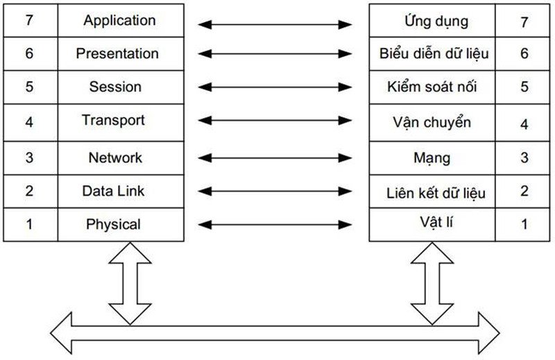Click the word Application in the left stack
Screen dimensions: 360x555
pyautogui.click(x=120, y=21)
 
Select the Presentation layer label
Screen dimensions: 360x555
pyautogui.click(x=117, y=53)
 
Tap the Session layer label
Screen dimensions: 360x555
pyautogui.click(x=115, y=87)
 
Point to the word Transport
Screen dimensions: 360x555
pyautogui.click(x=113, y=120)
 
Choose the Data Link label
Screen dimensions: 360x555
pyautogui.click(x=113, y=191)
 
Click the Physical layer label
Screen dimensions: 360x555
pyautogui.click(x=113, y=224)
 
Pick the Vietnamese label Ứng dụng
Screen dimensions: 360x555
pyautogui.click(x=436, y=21)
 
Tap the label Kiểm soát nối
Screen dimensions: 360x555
pyautogui.click(x=432, y=87)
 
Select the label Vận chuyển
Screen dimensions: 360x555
pyautogui.click(x=432, y=123)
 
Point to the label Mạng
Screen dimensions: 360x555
pyautogui.click(x=432, y=159)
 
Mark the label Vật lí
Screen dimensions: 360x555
pyautogui.click(x=432, y=223)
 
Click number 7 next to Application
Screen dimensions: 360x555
pyautogui.click(x=29, y=20)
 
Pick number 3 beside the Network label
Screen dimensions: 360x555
pyautogui.click(x=29, y=157)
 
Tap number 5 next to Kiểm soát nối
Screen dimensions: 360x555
pyautogui.click(x=524, y=87)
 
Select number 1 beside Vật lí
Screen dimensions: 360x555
pyautogui.click(x=524, y=224)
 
